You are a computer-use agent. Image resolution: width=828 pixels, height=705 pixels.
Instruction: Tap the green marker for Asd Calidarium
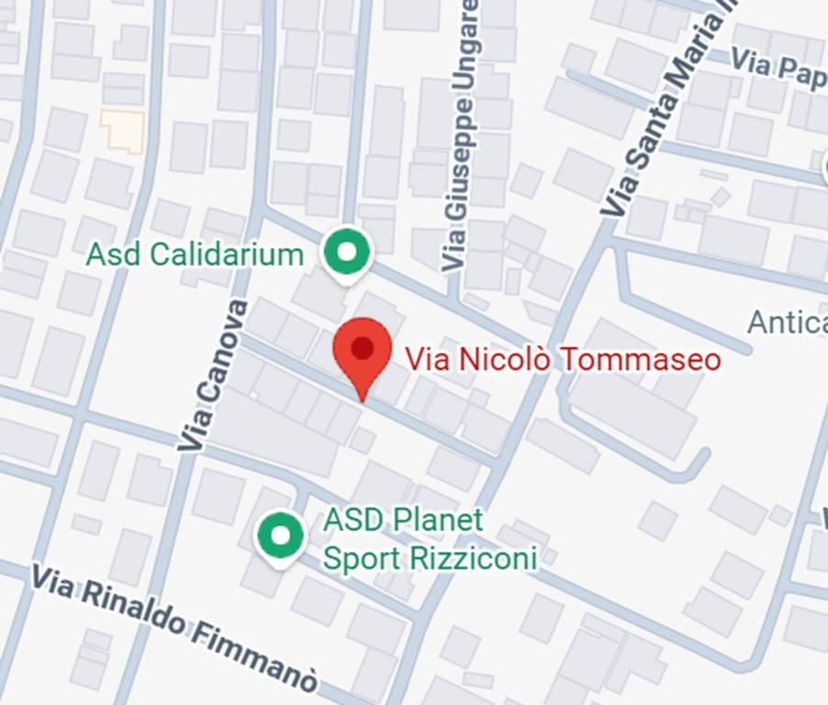pyautogui.click(x=347, y=251)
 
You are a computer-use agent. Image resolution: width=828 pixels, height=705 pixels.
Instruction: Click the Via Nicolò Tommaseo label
pyautogui.click(x=563, y=359)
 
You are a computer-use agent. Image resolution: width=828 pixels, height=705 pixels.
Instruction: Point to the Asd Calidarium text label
pyautogui.click(x=195, y=254)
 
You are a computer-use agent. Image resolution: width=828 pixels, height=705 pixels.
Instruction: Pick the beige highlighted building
pyautogui.click(x=123, y=130)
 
